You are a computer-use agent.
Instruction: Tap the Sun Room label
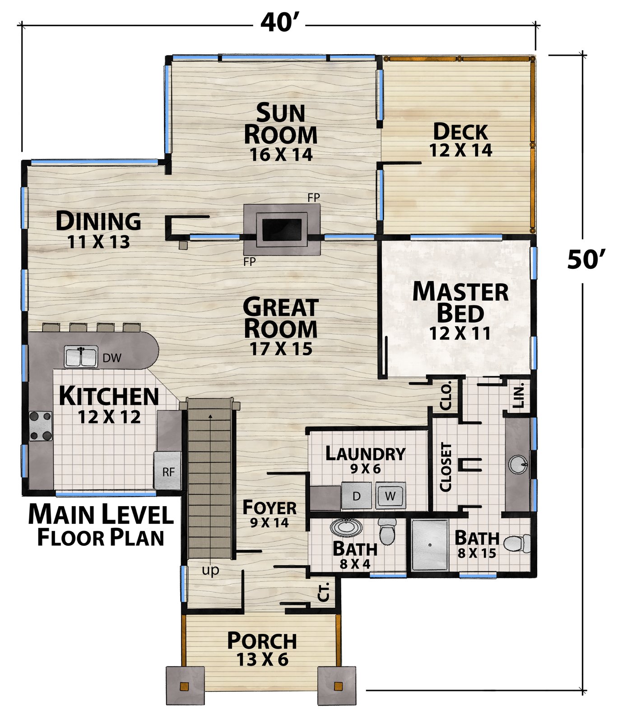click(x=280, y=124)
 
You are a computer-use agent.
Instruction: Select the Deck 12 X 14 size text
click(x=460, y=150)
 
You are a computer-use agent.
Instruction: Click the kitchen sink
click(x=81, y=357)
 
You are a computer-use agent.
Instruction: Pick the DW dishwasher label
click(x=112, y=358)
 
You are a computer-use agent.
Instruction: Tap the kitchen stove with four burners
click(x=41, y=426)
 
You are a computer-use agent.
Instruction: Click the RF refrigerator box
click(x=167, y=470)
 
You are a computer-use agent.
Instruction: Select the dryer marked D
click(x=356, y=496)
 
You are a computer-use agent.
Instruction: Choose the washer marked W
click(x=390, y=496)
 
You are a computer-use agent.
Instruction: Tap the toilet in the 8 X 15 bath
click(x=517, y=544)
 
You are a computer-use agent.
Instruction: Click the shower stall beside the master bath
click(x=430, y=545)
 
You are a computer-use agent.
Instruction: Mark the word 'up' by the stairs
click(x=210, y=571)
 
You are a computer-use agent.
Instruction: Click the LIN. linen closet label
click(x=519, y=396)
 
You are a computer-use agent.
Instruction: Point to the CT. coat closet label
click(x=324, y=592)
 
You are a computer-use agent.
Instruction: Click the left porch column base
click(x=184, y=685)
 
